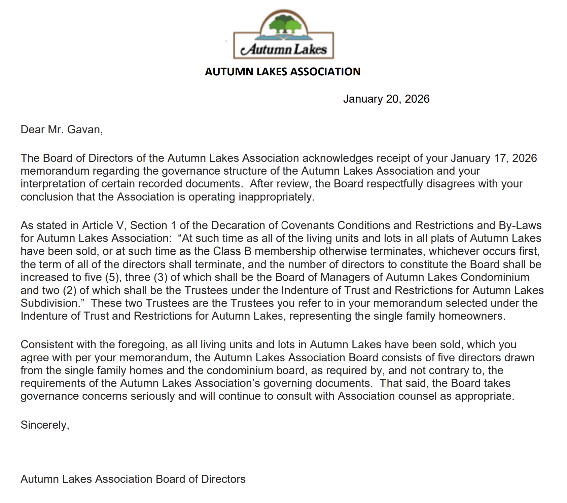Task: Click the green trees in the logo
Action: (284, 24)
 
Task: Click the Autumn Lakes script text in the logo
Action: (284, 49)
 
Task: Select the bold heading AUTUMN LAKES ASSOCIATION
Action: (283, 72)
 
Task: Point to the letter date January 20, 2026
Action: (386, 99)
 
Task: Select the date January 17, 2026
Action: (494, 158)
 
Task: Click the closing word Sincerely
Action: (44, 425)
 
